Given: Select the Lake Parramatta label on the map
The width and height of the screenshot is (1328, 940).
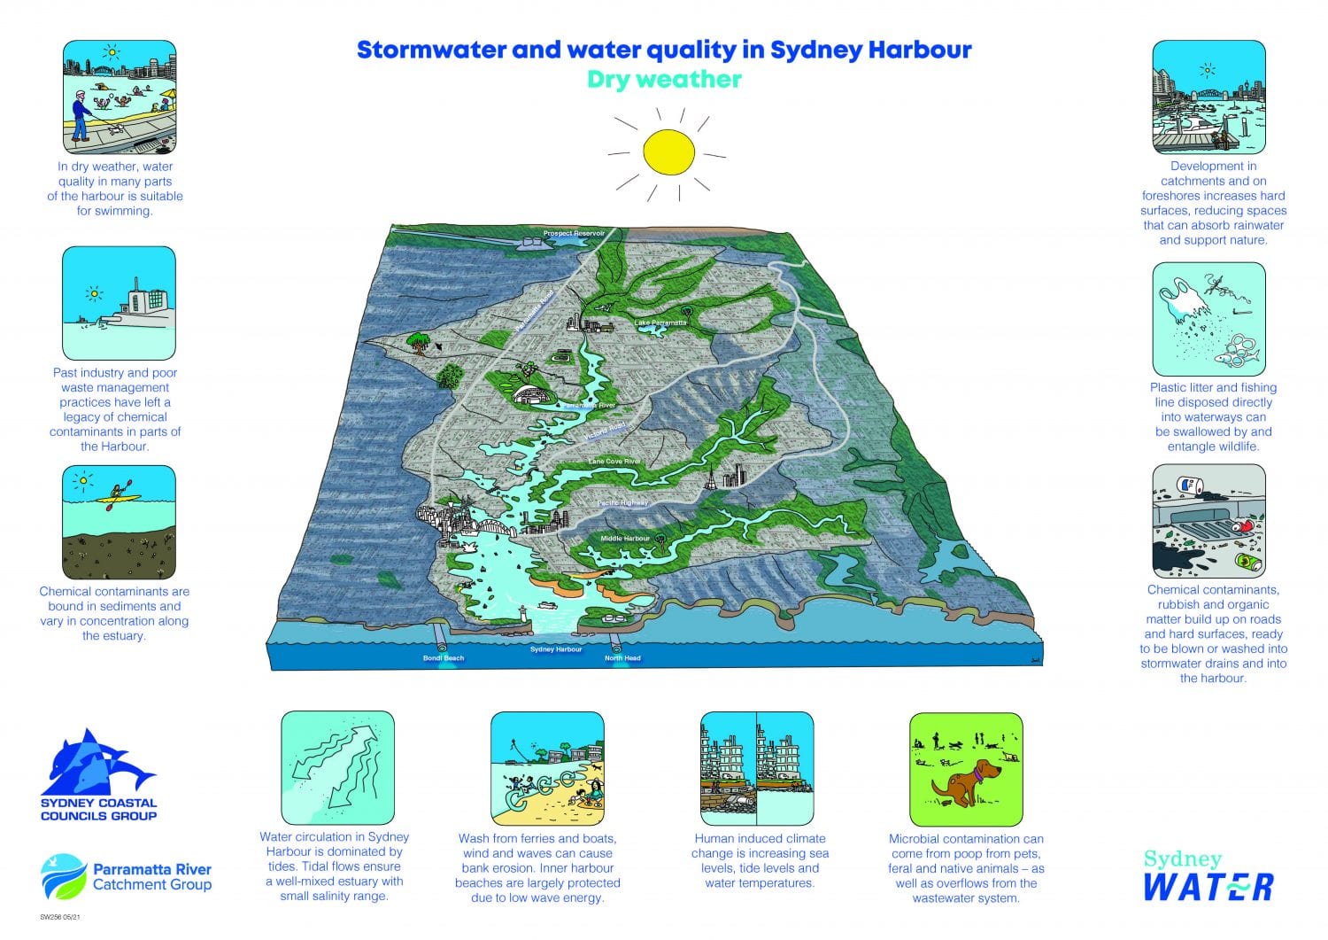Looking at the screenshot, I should point(660,322).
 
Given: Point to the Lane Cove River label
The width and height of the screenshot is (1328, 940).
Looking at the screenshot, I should point(614,462).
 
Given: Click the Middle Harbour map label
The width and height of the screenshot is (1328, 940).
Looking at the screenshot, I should point(625,539).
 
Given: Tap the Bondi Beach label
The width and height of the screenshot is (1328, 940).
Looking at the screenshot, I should point(444,658).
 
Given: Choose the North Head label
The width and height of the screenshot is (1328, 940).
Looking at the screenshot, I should point(622,658).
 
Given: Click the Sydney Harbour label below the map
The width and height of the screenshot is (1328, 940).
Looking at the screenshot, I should point(556,649).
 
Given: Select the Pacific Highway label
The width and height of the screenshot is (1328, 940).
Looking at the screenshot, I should point(622,502).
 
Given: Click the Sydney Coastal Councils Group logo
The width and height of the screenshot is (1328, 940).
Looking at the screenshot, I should point(98,775).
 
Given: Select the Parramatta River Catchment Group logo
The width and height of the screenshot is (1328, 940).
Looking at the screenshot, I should point(126,875).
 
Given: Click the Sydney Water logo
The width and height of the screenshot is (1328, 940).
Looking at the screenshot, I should point(1208,875).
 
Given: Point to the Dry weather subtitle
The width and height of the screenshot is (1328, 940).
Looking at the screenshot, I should point(664,80).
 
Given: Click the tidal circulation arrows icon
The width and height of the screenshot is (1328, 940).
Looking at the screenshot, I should point(337,767).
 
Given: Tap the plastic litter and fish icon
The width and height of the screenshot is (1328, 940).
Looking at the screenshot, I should point(1208,319).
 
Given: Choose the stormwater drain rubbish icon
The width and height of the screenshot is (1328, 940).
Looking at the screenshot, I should point(1208,522).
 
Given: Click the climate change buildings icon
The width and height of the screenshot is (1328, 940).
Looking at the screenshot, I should point(756,768).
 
